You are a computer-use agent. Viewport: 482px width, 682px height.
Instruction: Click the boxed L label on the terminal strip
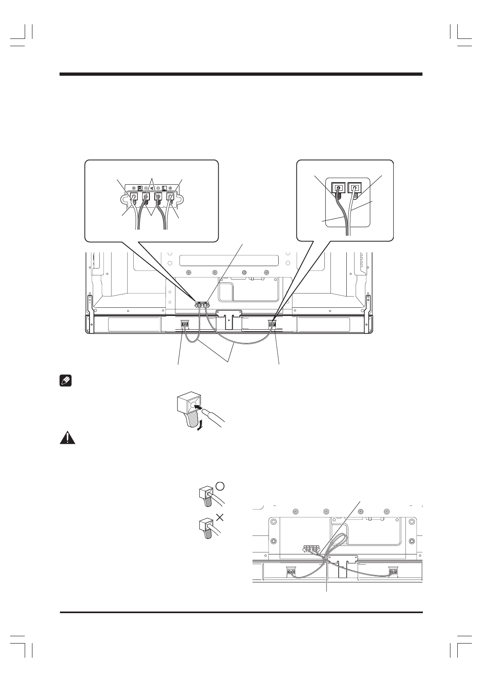click(x=164, y=188)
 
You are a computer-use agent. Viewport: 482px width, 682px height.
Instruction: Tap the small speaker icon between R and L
click(x=152, y=188)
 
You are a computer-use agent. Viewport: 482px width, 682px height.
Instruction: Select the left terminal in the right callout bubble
click(x=338, y=188)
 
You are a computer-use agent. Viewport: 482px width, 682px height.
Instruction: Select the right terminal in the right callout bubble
click(x=355, y=188)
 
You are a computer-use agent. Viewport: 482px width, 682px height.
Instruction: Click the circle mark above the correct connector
click(x=220, y=486)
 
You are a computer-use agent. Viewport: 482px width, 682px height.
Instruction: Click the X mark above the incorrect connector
click(x=220, y=517)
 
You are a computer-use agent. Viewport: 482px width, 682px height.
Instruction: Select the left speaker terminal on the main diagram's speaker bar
click(x=185, y=324)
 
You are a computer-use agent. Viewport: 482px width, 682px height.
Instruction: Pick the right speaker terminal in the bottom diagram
click(x=392, y=572)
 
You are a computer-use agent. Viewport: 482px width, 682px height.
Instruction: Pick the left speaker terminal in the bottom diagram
click(x=291, y=572)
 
